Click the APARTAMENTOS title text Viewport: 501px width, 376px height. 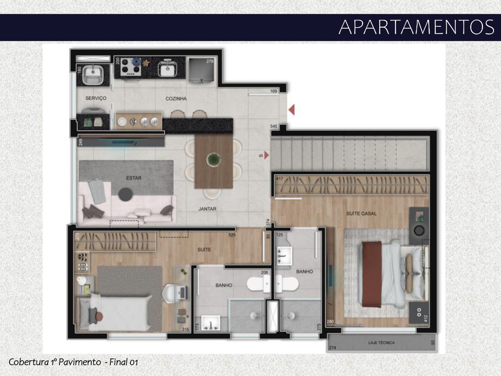(416, 27)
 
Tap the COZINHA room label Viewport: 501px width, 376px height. (176, 99)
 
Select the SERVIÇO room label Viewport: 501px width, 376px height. (96, 98)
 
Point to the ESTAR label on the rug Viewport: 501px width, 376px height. (133, 178)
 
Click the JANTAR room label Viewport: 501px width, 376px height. (207, 209)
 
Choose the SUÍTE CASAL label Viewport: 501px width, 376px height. (361, 213)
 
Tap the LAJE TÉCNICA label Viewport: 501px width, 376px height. (381, 343)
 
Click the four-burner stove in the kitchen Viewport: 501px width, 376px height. (131, 67)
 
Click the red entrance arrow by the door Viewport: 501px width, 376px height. (292, 110)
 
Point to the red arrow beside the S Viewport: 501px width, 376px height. (267, 155)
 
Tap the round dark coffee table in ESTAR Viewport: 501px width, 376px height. (126, 193)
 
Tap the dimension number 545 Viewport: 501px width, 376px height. (274, 126)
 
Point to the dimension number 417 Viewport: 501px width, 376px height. (279, 179)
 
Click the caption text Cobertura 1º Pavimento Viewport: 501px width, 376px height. (55, 362)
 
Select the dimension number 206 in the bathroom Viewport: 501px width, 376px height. (265, 273)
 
